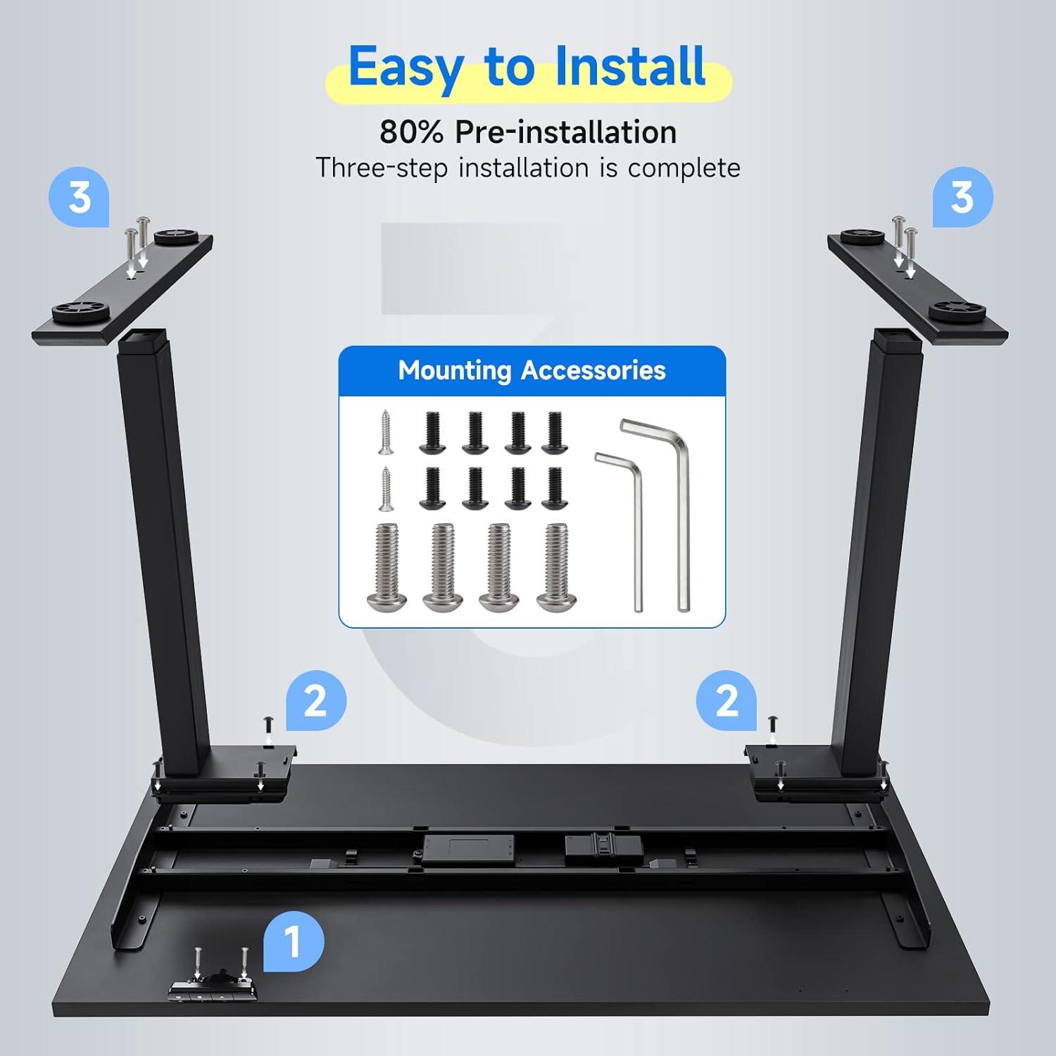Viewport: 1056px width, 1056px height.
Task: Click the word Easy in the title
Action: [x=406, y=68]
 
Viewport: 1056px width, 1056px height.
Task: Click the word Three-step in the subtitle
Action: [x=381, y=168]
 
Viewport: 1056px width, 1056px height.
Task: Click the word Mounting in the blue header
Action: [x=455, y=371]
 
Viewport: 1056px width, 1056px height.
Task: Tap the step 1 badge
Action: [x=294, y=941]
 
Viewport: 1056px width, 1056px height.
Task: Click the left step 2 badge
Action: [x=316, y=700]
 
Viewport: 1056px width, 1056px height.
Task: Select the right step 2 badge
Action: [x=727, y=700]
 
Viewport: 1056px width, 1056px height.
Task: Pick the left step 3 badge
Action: [x=79, y=196]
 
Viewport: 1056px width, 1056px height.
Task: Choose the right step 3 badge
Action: [x=963, y=196]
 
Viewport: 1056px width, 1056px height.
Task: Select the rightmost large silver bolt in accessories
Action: [x=557, y=567]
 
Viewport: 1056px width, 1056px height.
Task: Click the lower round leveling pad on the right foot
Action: [x=955, y=310]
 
